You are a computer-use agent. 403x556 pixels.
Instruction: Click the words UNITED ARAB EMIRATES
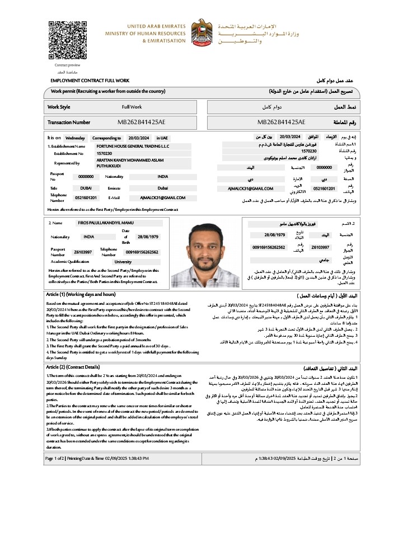pyautogui.click(x=149, y=26)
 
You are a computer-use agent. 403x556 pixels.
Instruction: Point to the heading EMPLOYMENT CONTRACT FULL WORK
pyautogui.click(x=90, y=81)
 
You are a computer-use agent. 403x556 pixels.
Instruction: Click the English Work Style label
pyautogui.click(x=59, y=106)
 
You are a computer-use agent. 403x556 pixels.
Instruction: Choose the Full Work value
pyautogui.click(x=132, y=106)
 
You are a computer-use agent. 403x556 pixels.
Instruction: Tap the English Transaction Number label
pyautogui.click(x=69, y=122)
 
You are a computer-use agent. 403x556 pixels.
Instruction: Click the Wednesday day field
pyautogui.click(x=75, y=137)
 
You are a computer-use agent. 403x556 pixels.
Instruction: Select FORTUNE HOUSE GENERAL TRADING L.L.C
pyautogui.click(x=133, y=146)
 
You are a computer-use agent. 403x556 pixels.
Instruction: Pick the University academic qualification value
pyautogui.click(x=123, y=261)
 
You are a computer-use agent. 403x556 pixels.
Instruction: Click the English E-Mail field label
pyautogui.click(x=114, y=197)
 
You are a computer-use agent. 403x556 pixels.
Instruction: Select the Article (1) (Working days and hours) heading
pyautogui.click(x=80, y=294)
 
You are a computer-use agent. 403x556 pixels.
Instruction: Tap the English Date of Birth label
pyautogui.click(x=125, y=237)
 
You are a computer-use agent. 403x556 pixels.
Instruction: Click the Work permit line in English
pyautogui.click(x=108, y=91)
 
